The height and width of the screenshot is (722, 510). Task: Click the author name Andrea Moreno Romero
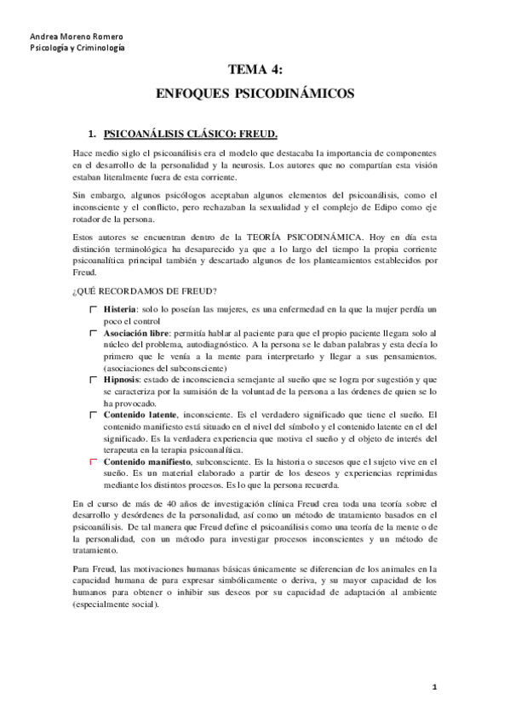click(x=64, y=37)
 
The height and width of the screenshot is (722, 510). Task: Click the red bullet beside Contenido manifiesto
click(x=94, y=461)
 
